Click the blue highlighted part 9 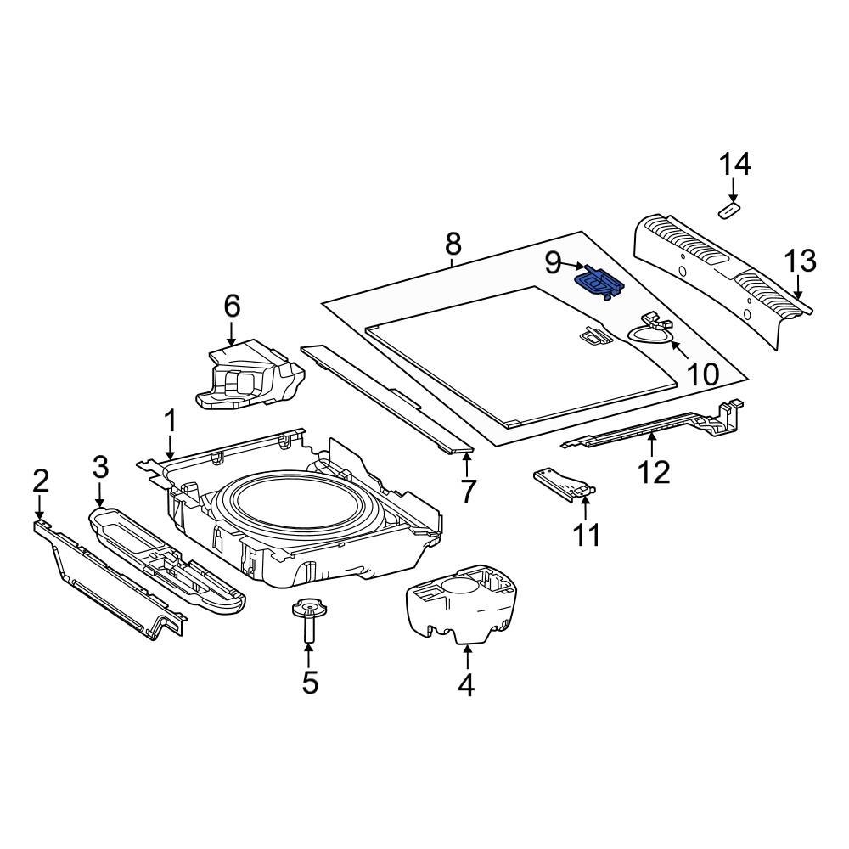point(599,281)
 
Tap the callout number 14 point(735,164)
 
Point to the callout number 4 point(466,684)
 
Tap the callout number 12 point(655,471)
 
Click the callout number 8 point(453,245)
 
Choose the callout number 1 point(170,421)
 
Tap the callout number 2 point(40,481)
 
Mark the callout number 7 point(468,491)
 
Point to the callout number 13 point(799,261)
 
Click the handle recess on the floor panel point(594,336)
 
